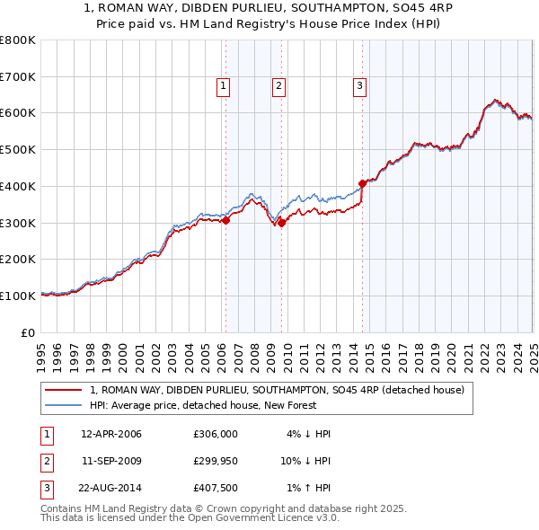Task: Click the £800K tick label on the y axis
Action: pos(18,40)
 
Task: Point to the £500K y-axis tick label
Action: pos(18,150)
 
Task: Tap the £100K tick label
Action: pos(18,296)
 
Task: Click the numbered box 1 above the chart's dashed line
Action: pos(223,86)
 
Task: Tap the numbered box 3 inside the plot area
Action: pos(359,86)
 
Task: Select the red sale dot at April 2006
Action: pos(226,220)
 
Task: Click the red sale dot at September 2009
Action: pos(282,223)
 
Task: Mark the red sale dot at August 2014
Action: pos(363,183)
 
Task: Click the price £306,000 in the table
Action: pos(216,434)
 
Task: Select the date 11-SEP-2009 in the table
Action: pos(111,462)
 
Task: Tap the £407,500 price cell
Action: pos(216,490)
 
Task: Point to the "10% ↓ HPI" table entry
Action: pos(305,462)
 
